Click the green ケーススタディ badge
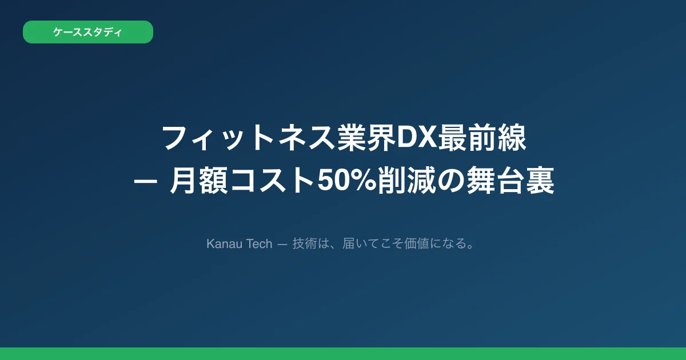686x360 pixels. pyautogui.click(x=87, y=32)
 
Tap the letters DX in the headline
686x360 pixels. pyautogui.click(x=417, y=139)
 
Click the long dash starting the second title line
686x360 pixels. pyautogui.click(x=142, y=184)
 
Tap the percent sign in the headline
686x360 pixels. pyautogui.click(x=364, y=183)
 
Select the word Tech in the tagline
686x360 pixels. pyautogui.click(x=259, y=244)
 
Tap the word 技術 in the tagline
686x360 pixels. pyautogui.click(x=303, y=244)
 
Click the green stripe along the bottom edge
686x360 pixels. pyautogui.click(x=343, y=354)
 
